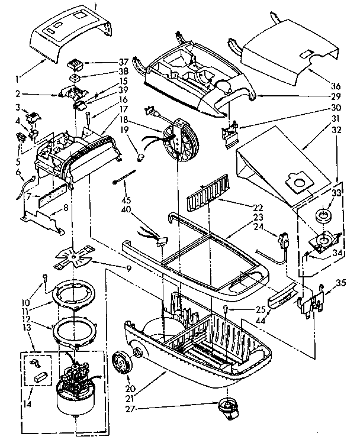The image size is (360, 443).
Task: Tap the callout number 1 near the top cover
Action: point(19,77)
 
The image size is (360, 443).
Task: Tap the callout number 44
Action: point(259,320)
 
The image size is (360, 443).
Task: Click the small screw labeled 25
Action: point(227,310)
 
